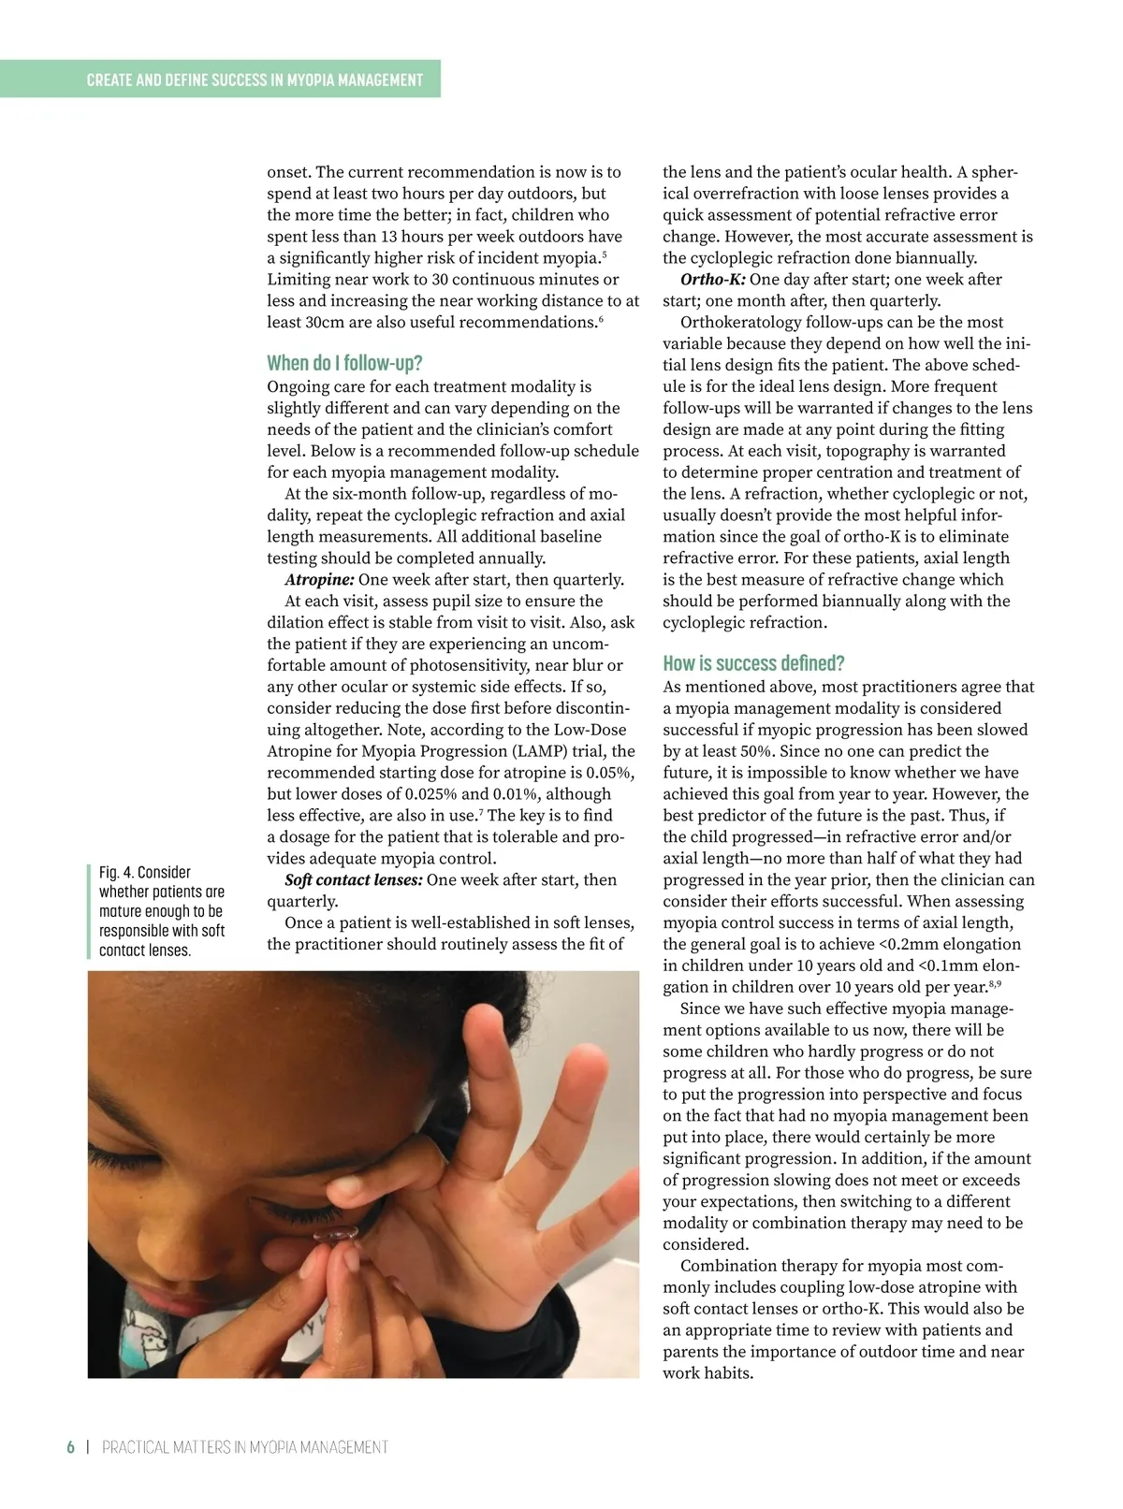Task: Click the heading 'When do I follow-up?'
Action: click(x=344, y=363)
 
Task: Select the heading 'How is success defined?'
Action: click(x=753, y=663)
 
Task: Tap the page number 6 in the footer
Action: click(x=70, y=1447)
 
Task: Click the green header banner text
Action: click(x=255, y=80)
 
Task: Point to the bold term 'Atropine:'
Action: click(x=319, y=580)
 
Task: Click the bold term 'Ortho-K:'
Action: click(x=713, y=280)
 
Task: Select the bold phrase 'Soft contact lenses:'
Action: click(x=354, y=880)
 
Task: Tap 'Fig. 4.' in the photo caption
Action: click(x=116, y=872)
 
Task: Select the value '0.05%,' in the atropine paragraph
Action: click(x=610, y=773)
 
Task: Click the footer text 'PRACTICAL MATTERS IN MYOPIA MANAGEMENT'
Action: click(x=245, y=1447)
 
